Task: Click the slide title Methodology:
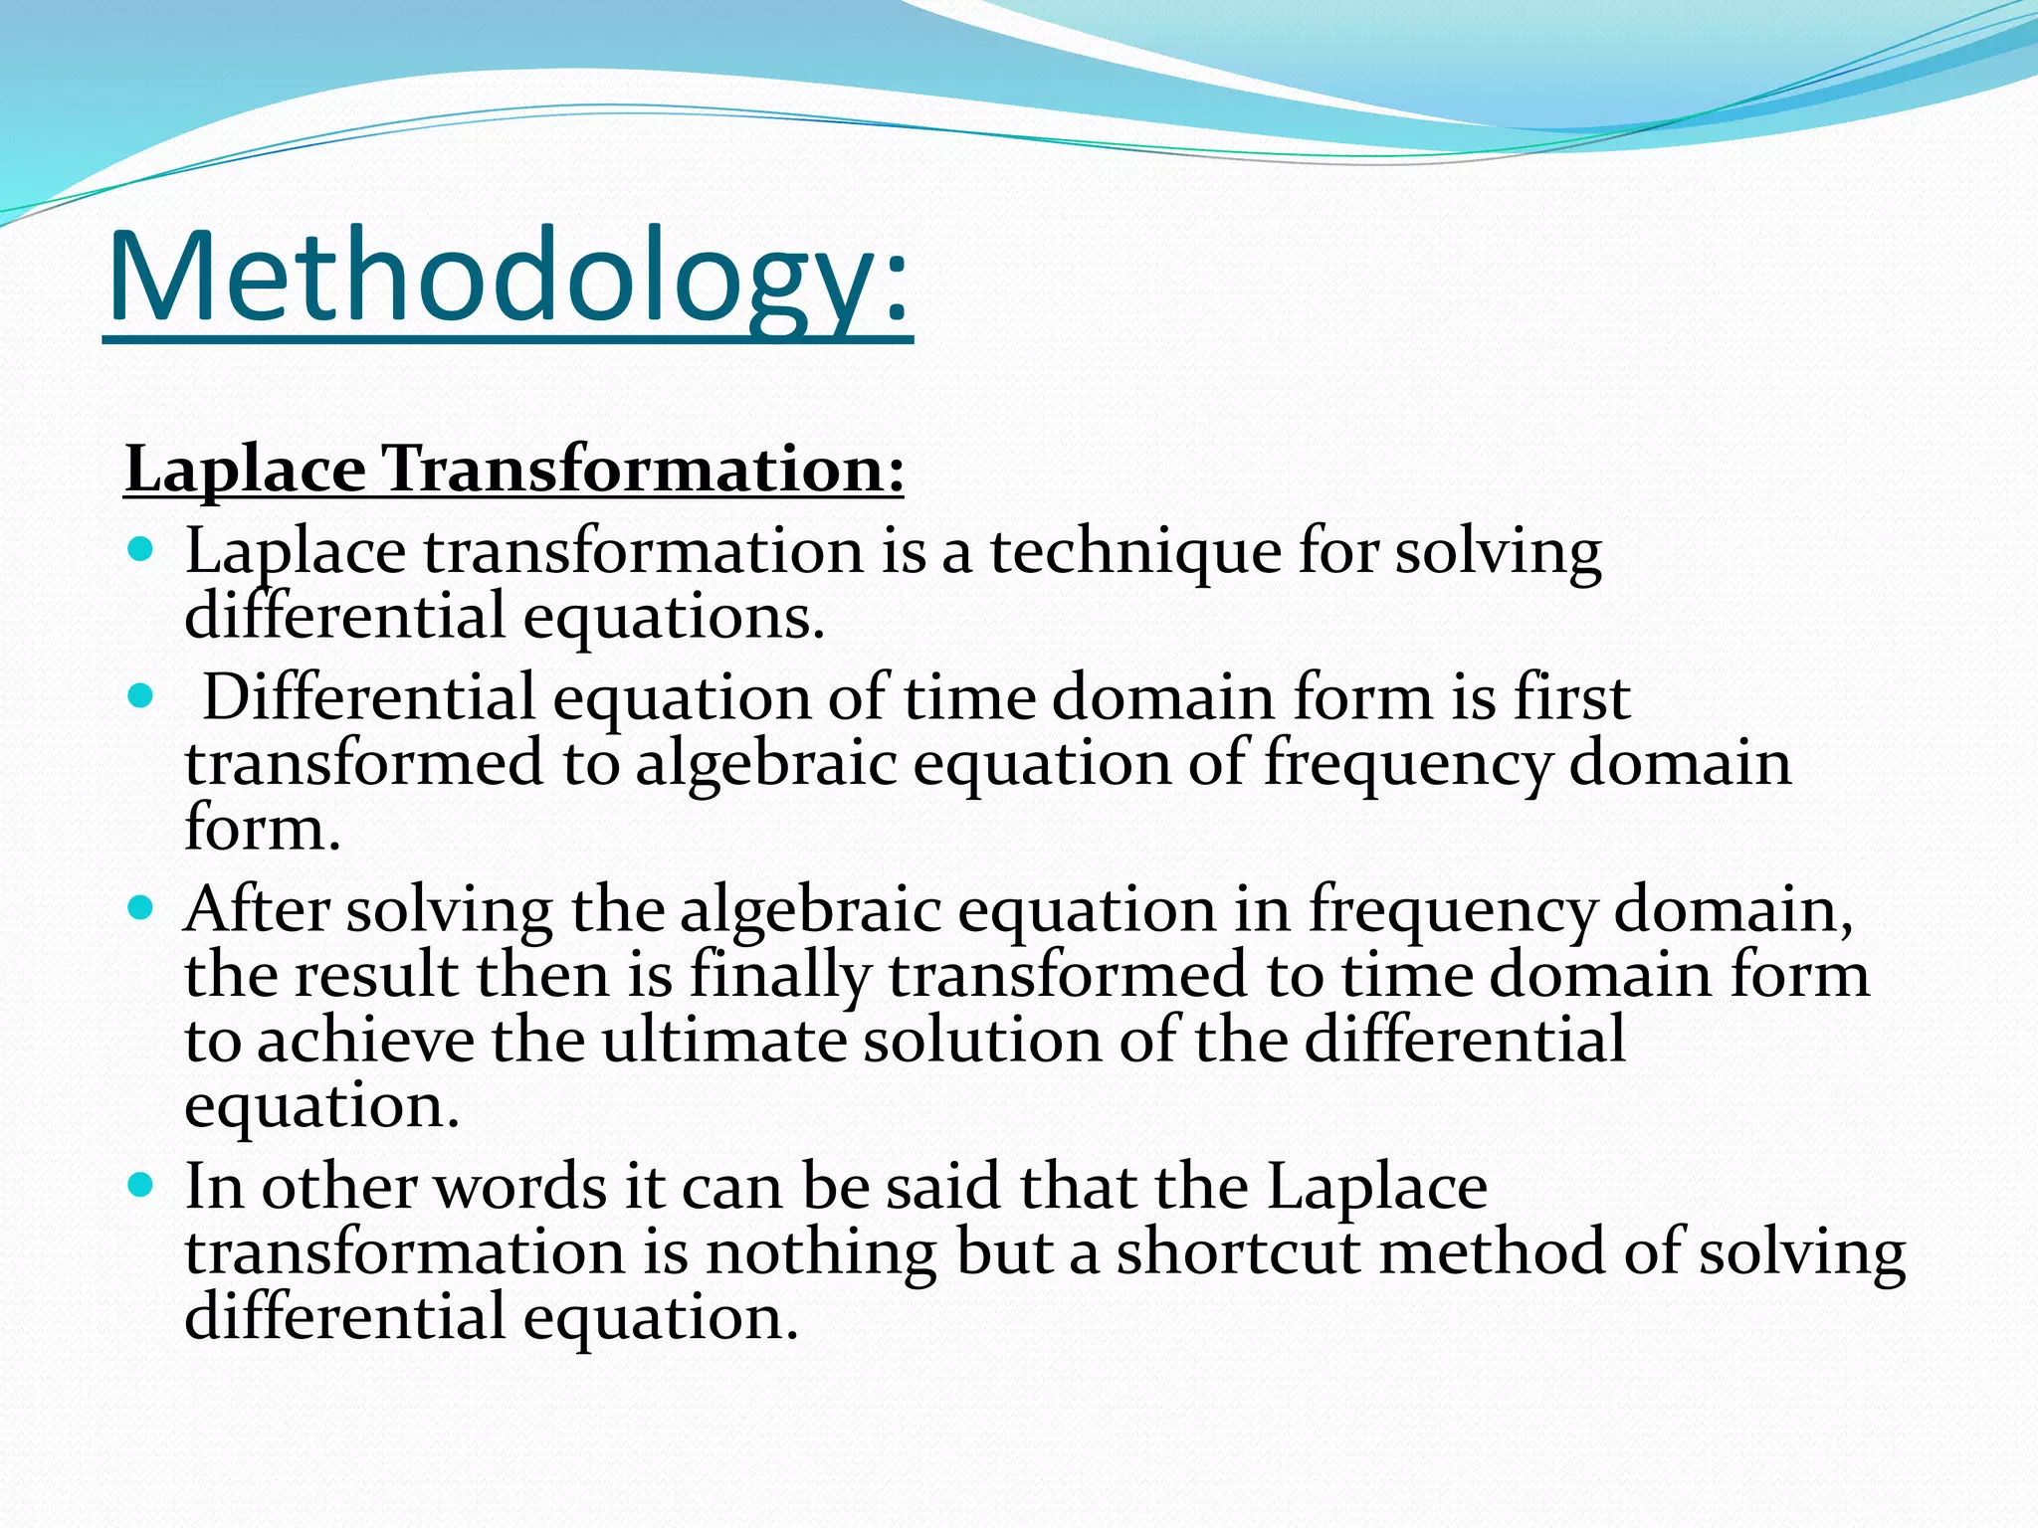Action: click(x=508, y=279)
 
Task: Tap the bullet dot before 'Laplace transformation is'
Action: click(x=141, y=548)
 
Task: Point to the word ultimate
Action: click(x=723, y=1041)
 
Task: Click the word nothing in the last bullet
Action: click(x=821, y=1254)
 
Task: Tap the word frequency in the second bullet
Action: click(x=1407, y=765)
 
